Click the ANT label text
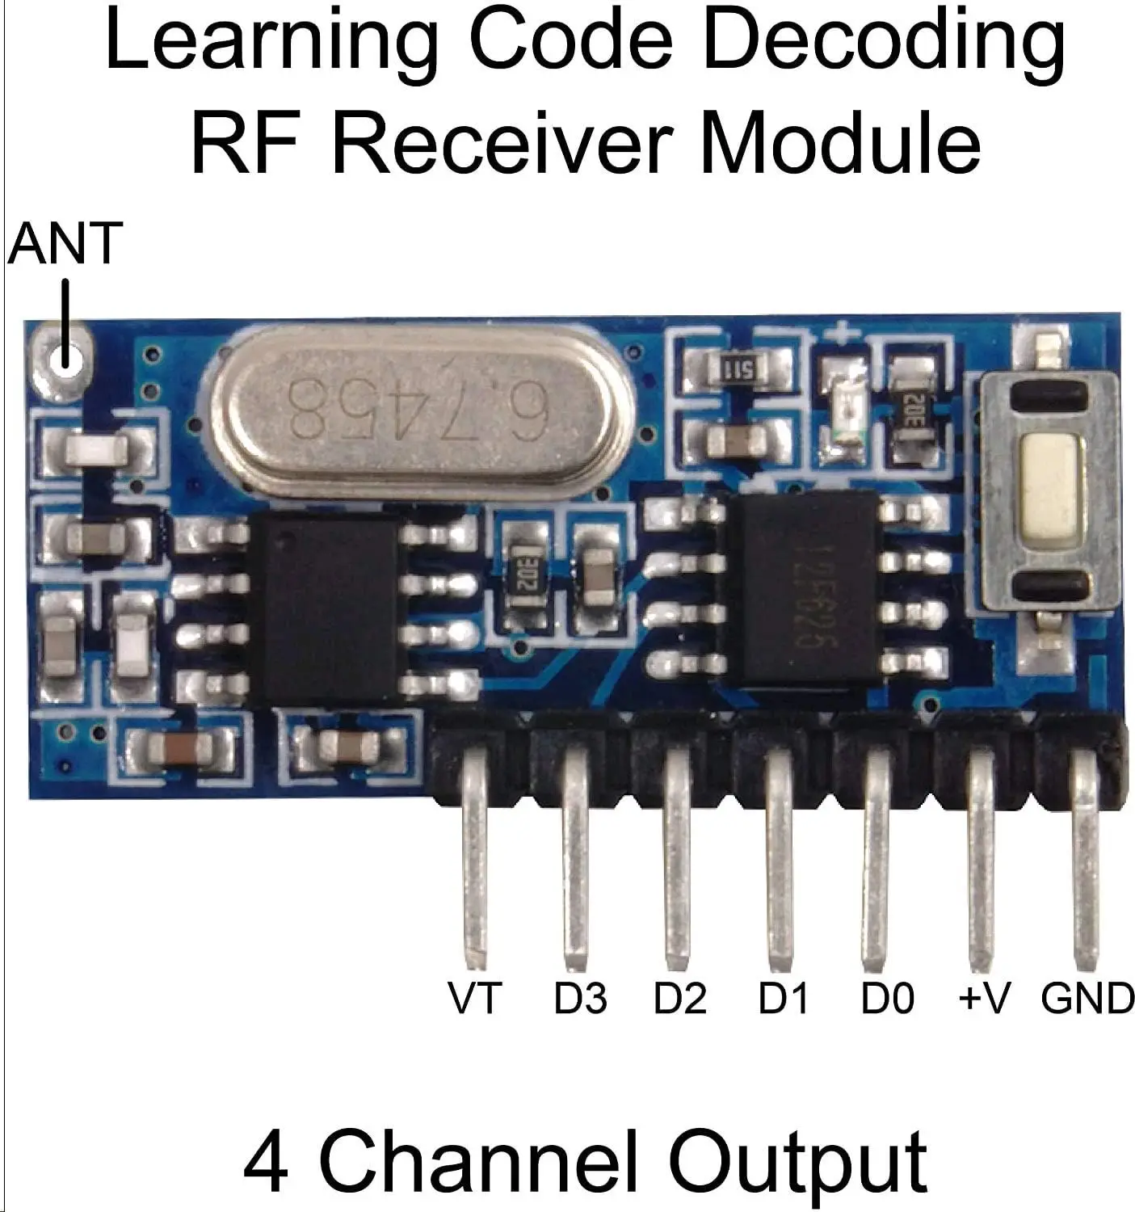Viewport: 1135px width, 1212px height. click(65, 243)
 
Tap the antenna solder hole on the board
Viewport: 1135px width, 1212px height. click(62, 356)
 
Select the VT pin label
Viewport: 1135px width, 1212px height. click(475, 998)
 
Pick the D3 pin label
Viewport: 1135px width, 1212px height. click(580, 998)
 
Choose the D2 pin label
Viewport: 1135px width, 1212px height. click(680, 998)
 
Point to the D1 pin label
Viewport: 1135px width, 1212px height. click(783, 998)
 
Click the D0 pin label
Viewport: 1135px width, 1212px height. click(887, 998)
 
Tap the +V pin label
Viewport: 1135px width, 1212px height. click(984, 998)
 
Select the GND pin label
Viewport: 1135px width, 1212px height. click(1087, 998)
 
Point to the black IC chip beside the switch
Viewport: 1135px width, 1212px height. click(808, 590)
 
